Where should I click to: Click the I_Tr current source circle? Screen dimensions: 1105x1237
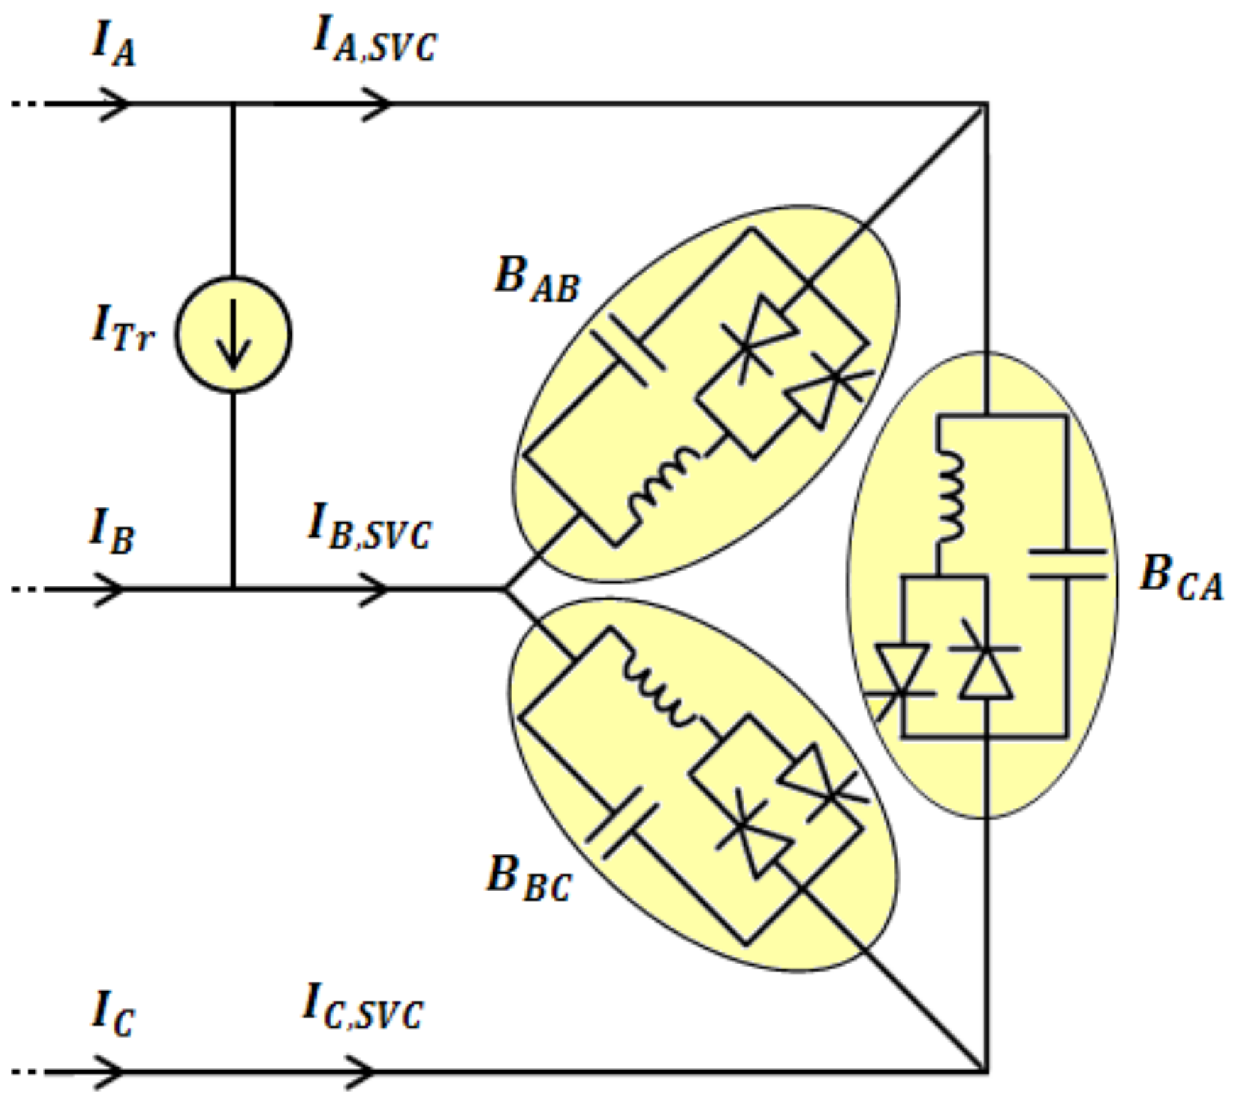(233, 334)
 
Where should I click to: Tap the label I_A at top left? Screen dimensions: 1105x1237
(114, 44)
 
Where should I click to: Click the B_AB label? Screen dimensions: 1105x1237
(537, 279)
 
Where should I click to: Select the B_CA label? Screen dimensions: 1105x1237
(1180, 576)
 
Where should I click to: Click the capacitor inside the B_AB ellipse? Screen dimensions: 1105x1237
(629, 351)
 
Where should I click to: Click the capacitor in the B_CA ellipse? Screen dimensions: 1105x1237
(1067, 564)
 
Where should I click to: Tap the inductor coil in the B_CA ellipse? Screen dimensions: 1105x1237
(951, 497)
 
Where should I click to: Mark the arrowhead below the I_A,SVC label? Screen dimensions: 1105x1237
(376, 104)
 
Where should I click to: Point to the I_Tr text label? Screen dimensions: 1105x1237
(122, 329)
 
